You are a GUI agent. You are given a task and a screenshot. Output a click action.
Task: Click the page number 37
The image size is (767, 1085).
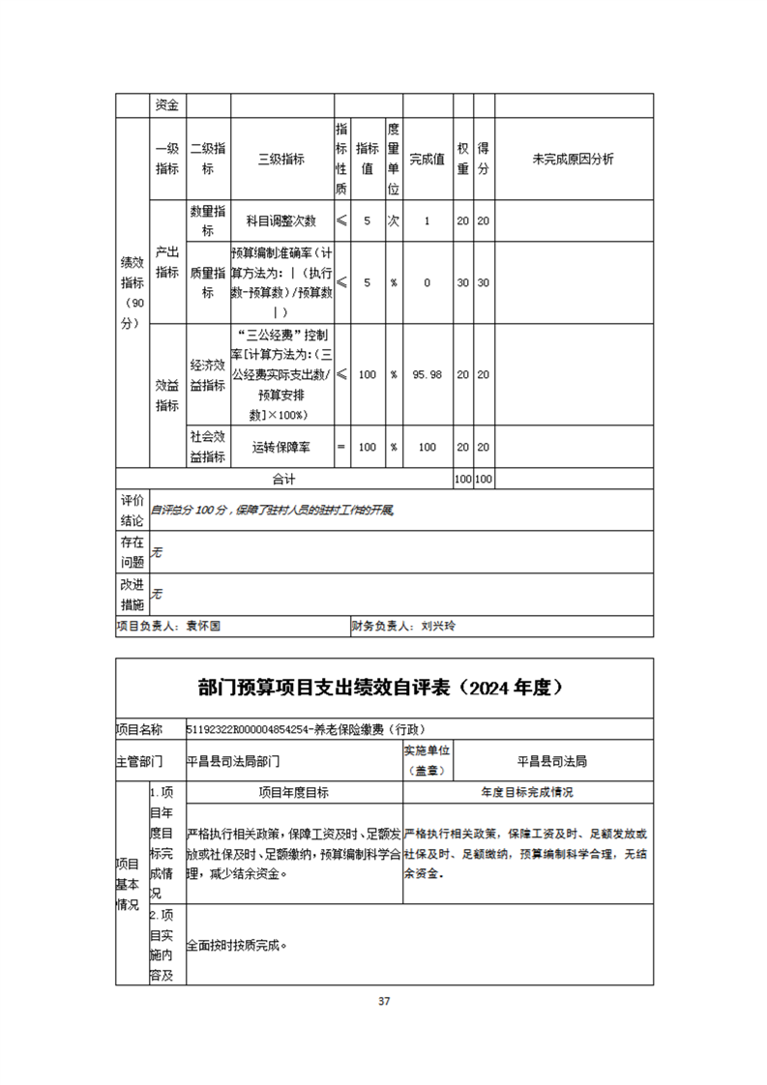pos(383,1001)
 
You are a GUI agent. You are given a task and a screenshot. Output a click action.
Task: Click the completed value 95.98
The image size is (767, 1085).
pos(428,374)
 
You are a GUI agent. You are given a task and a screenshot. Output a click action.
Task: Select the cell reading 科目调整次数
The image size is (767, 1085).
pos(281,221)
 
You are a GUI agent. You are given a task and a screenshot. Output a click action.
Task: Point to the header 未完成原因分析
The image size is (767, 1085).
pos(574,160)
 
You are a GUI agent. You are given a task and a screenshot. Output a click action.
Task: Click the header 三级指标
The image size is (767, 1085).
pos(281,160)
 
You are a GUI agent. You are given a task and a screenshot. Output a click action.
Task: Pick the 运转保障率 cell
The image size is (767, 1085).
pos(281,448)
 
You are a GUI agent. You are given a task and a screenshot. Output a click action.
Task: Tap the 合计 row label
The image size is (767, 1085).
pos(283,479)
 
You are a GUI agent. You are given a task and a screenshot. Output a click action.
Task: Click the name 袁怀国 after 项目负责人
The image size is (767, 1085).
pos(203,626)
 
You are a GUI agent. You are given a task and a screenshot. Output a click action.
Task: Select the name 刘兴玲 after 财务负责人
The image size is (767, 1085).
pos(438,626)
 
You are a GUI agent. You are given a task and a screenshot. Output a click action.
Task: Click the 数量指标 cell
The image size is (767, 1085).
pos(208,221)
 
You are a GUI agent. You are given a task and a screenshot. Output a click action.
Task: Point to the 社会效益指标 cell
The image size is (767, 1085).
pos(208,448)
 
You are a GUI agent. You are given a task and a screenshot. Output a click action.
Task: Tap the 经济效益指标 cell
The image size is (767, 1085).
pos(208,374)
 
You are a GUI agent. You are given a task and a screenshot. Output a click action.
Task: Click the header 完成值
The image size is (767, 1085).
pos(428,160)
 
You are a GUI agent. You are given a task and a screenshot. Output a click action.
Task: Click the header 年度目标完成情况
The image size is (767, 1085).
pos(527,792)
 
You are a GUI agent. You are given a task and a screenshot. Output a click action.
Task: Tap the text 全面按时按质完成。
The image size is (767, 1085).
pos(237,945)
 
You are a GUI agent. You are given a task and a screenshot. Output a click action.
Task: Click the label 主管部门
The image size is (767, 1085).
pos(139,761)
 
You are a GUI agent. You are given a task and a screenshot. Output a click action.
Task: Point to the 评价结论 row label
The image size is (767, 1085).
pos(132,510)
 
